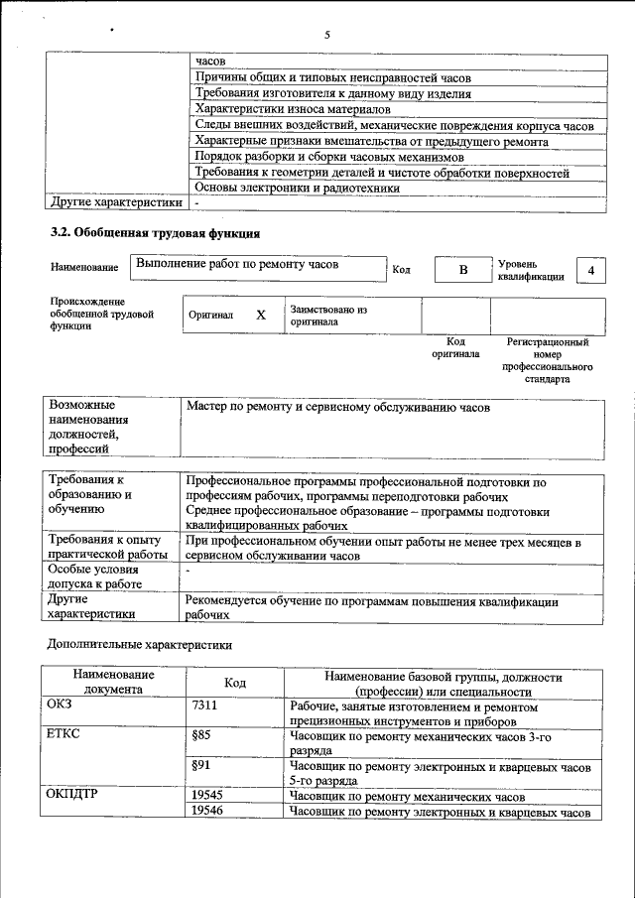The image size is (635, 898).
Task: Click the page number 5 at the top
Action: click(x=326, y=35)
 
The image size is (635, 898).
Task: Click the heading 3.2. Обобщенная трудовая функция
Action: click(x=156, y=234)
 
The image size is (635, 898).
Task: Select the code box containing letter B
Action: click(x=462, y=270)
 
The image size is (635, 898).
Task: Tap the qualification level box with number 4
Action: click(x=591, y=270)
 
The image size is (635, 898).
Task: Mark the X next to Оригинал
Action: click(x=261, y=315)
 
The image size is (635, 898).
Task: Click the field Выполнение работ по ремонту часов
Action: click(x=257, y=266)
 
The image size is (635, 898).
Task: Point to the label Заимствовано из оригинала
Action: click(x=328, y=316)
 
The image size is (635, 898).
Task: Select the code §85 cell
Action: click(x=201, y=736)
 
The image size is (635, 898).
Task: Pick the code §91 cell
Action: click(x=201, y=766)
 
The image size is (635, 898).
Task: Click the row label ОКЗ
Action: click(x=61, y=706)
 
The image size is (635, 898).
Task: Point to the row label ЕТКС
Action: click(x=63, y=736)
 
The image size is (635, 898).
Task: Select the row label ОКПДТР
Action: click(x=70, y=796)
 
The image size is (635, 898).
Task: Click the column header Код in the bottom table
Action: click(x=235, y=683)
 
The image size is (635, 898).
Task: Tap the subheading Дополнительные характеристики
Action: click(x=140, y=644)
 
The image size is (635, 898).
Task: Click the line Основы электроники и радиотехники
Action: click(x=298, y=187)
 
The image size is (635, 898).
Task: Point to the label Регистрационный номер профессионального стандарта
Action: click(x=547, y=360)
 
